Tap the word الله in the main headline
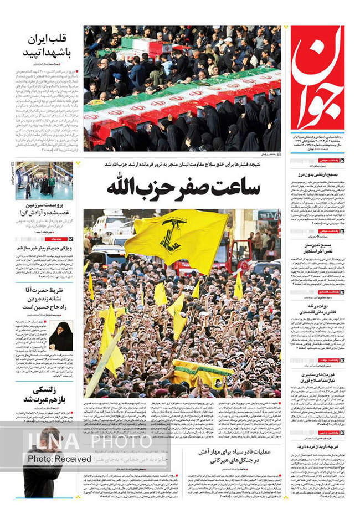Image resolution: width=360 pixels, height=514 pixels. pos(125,187)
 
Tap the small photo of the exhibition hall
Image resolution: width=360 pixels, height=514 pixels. pos(44,181)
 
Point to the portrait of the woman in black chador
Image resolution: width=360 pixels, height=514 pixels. pos(61,336)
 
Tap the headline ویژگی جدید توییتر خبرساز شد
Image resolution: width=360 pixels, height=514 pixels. pos(44,248)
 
